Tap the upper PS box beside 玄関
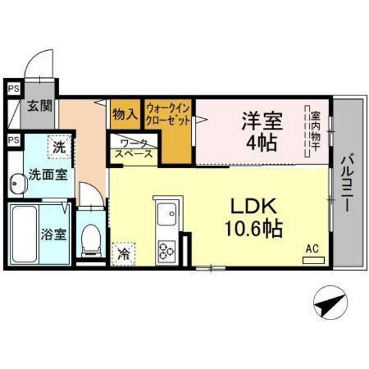point(13,87)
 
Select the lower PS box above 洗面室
point(13,140)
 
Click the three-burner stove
point(164,250)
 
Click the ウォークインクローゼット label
point(169,113)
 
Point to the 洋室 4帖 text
point(262,130)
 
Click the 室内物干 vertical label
point(316,132)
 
